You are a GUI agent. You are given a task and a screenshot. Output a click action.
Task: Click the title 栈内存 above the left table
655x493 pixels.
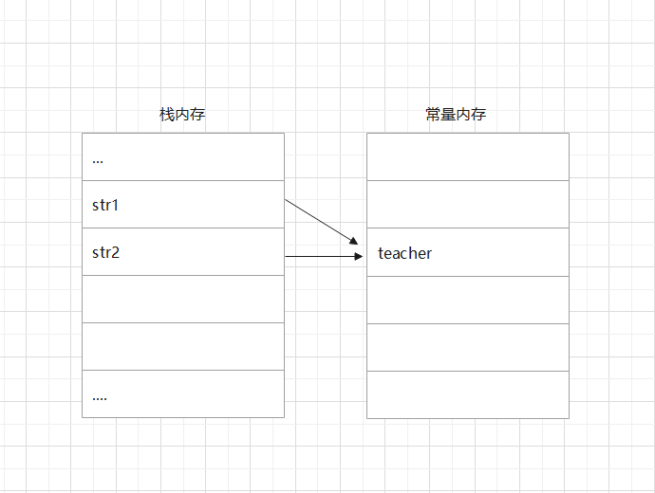click(182, 115)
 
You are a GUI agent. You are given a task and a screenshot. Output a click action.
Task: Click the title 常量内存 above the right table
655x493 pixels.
click(456, 115)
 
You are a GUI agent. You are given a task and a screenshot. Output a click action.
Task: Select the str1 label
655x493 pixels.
click(105, 205)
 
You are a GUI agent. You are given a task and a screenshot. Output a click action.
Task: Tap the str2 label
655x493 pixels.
click(105, 253)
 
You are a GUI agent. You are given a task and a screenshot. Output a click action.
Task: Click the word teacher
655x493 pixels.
click(404, 253)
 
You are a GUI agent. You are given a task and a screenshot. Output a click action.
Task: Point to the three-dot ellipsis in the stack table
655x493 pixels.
click(98, 160)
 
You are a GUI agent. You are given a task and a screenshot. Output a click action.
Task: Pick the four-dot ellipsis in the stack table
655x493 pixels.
click(100, 397)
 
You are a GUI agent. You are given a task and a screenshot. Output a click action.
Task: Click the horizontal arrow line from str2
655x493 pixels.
click(319, 256)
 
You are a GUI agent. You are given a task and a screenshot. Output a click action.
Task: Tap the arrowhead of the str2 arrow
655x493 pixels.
click(358, 256)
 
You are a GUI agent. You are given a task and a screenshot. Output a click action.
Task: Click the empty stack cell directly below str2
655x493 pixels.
click(183, 299)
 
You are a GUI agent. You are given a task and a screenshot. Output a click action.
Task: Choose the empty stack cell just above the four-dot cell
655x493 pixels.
click(183, 346)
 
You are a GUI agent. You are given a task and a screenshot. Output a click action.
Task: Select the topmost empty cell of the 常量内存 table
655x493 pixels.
click(468, 156)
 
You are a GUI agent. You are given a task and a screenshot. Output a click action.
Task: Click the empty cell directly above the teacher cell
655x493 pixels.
click(468, 204)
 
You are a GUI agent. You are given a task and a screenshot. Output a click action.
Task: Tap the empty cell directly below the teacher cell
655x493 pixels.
click(468, 299)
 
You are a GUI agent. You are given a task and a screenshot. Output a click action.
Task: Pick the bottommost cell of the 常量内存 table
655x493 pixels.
click(468, 394)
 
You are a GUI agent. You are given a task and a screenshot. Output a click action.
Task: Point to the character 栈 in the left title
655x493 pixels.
click(166, 115)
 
